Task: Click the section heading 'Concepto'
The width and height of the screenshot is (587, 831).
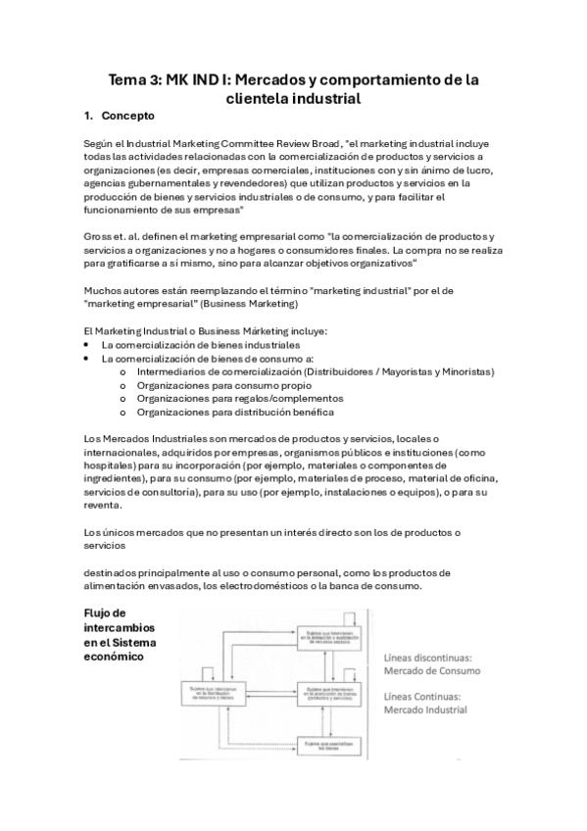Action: tap(128, 116)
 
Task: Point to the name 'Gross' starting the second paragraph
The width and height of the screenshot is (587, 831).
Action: tap(98, 236)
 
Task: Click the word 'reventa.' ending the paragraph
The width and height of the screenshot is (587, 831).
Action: tap(104, 506)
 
